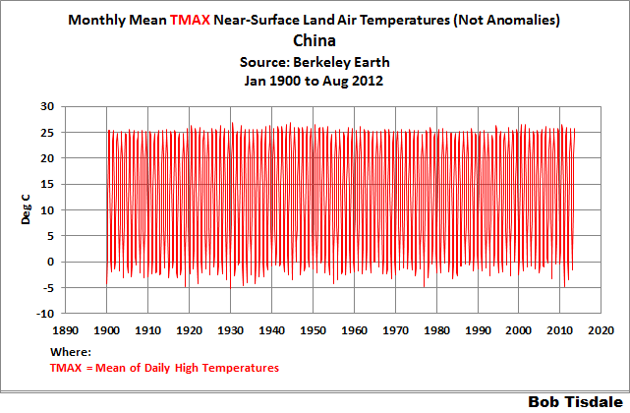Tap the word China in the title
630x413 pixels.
click(x=315, y=41)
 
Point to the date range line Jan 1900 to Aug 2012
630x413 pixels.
click(x=315, y=82)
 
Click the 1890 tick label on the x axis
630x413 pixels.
click(x=66, y=332)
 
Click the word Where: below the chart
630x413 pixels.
click(x=70, y=352)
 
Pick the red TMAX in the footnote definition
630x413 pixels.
click(x=66, y=368)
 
